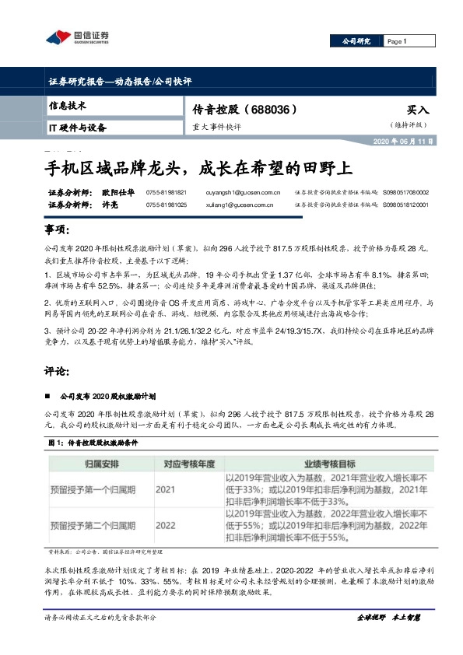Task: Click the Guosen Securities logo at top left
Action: (x=76, y=37)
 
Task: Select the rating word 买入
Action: (x=417, y=110)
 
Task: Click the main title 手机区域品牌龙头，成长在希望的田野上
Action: (x=198, y=167)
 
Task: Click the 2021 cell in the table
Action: (x=165, y=491)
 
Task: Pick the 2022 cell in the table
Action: (x=165, y=526)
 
